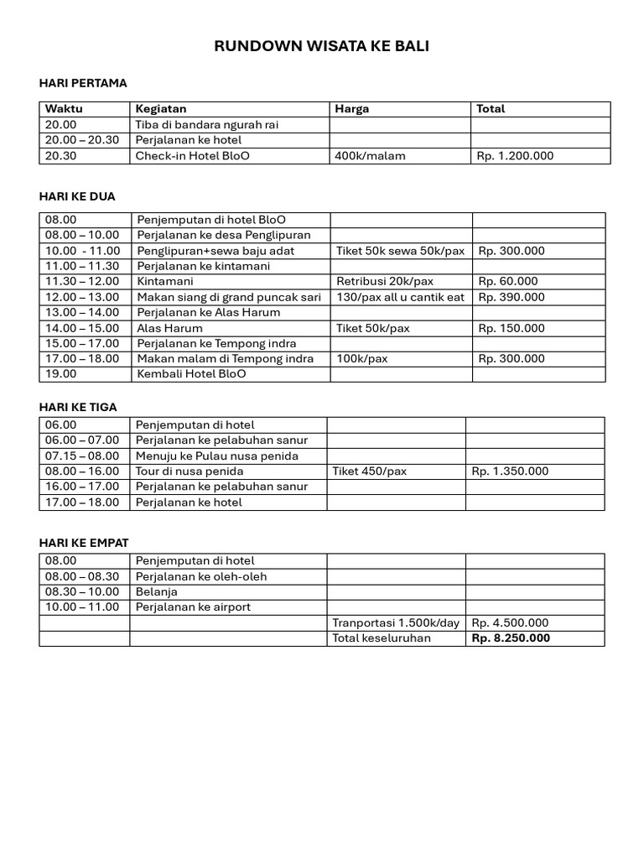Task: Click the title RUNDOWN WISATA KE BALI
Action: pos(322,47)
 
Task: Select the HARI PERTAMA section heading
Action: pos(83,83)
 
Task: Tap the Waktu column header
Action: pos(64,109)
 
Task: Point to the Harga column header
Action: pos(351,109)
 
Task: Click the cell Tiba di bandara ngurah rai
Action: pos(207,125)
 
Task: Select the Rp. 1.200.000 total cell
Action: pos(515,156)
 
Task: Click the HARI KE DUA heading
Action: pos(77,196)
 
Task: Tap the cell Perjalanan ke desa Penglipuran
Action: pos(223,235)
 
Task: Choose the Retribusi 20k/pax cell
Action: pos(385,282)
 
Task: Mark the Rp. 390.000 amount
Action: pos(512,297)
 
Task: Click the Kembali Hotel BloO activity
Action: pos(192,374)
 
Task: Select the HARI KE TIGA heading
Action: pos(78,407)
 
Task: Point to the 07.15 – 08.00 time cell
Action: pos(82,456)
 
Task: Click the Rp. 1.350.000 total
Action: pos(510,471)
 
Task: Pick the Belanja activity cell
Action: pos(156,591)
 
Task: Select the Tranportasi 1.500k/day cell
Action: pos(396,622)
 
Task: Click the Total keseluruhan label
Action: pos(382,638)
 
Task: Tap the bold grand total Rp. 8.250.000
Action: pos(511,638)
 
